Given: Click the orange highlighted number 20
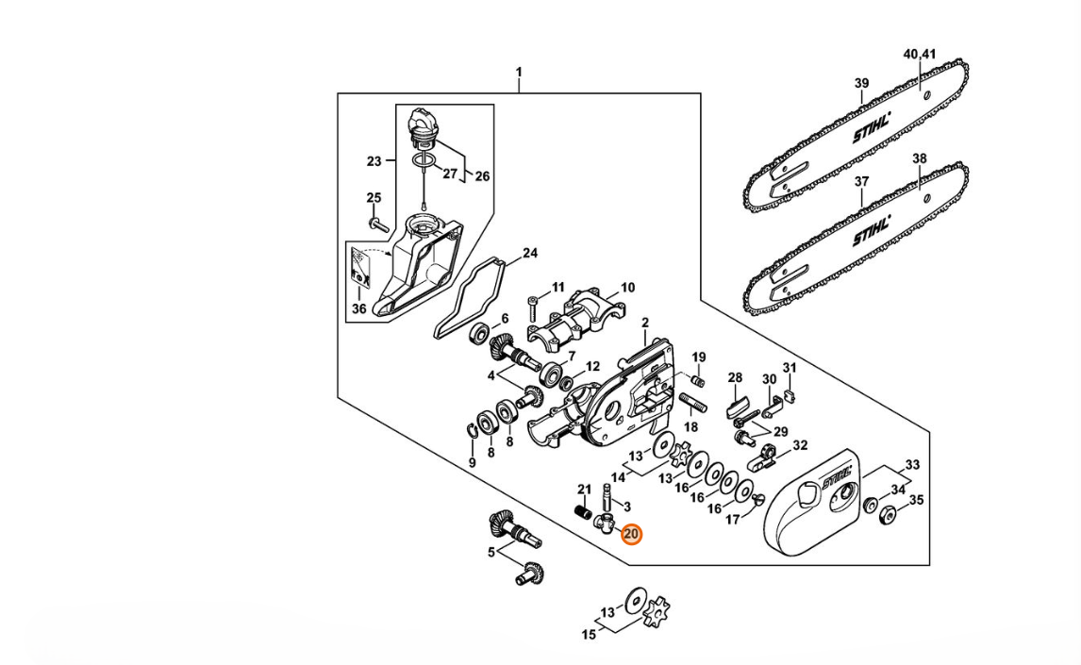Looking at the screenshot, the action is point(631,534).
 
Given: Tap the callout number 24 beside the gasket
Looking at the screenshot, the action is point(529,253).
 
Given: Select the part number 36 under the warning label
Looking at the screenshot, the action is point(359,308).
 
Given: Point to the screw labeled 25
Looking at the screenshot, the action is point(375,223).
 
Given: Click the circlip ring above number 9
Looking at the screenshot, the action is point(472,431).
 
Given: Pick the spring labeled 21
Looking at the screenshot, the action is point(584,513).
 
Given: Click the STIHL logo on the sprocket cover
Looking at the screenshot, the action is point(837,476).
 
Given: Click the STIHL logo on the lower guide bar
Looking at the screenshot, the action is point(872,230).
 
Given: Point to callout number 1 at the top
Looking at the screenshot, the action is point(519,72).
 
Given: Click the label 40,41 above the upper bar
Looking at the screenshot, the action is point(920,54).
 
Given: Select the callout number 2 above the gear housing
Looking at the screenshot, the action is point(644,323).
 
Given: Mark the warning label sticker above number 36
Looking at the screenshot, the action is point(359,267).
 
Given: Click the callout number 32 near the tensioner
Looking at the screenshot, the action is point(800,446).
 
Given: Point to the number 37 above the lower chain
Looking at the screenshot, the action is point(862,182).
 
